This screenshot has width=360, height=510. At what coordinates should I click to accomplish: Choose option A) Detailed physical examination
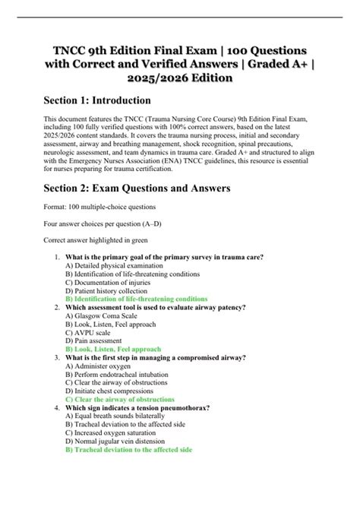pyautogui.click(x=114, y=266)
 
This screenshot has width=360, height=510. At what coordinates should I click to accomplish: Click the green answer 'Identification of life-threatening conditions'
pyautogui.click(x=137, y=299)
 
